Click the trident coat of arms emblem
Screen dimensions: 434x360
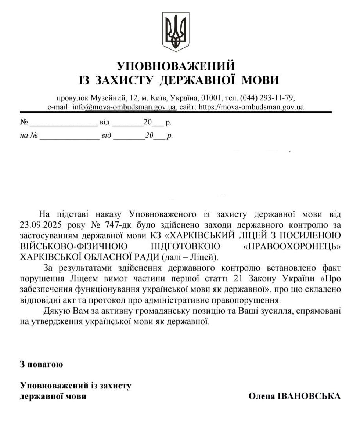(176, 32)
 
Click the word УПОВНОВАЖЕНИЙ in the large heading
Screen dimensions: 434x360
(176, 66)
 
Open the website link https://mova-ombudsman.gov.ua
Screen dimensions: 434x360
(251, 107)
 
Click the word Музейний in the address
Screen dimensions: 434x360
(110, 98)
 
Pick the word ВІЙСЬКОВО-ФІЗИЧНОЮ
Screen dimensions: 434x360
(66, 245)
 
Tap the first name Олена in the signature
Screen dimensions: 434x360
(262, 396)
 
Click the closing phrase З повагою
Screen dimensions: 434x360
(42, 365)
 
